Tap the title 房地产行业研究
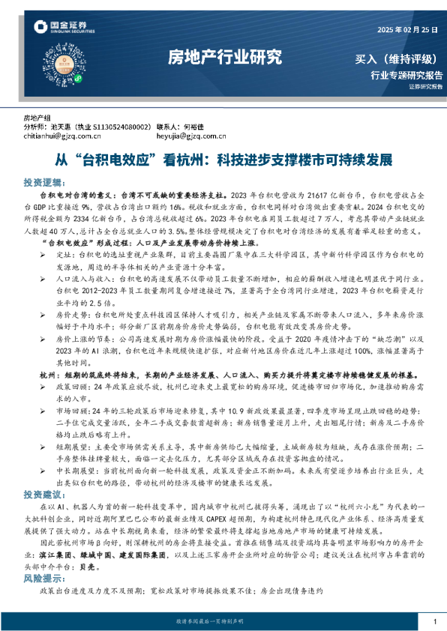tap(224, 57)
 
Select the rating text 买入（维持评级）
tap(397, 59)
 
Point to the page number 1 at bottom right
tap(435, 621)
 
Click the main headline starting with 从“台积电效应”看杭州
tap(224, 160)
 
